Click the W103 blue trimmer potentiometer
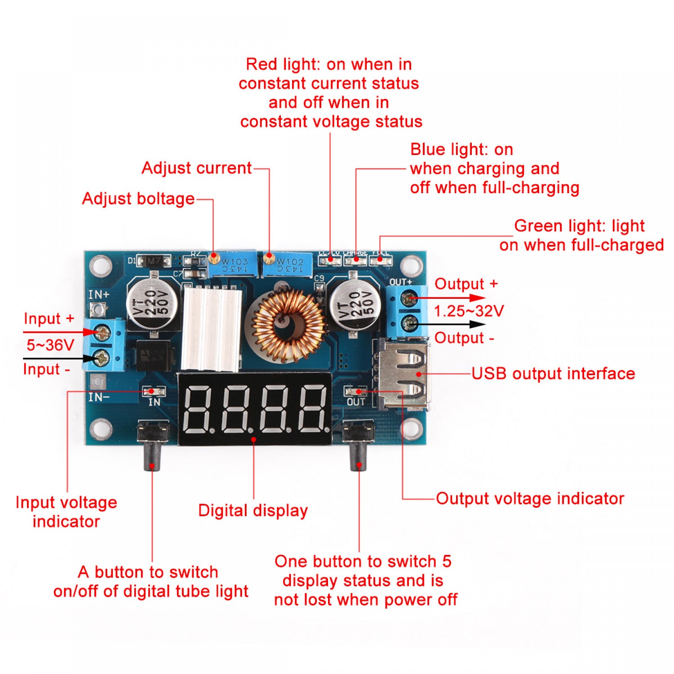[x=233, y=265]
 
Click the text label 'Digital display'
[x=253, y=510]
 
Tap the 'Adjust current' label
[x=196, y=168]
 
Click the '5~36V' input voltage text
[x=50, y=345]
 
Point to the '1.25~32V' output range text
[x=469, y=311]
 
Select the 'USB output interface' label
[x=553, y=373]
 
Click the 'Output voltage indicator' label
[x=530, y=498]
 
